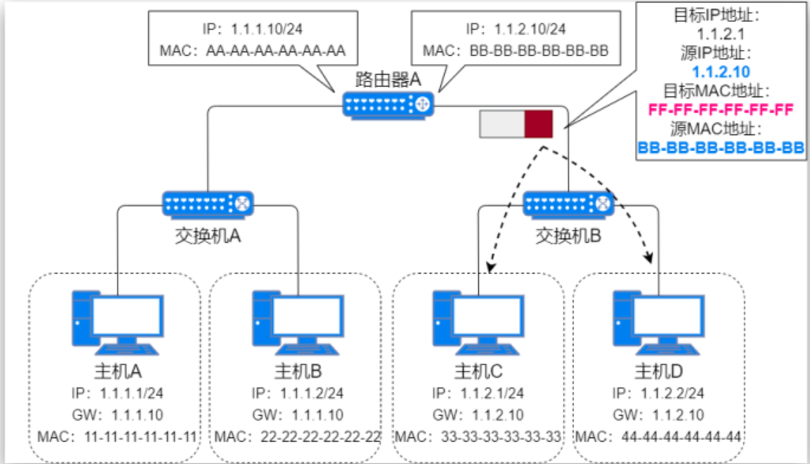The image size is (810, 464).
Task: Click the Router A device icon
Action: pyautogui.click(x=390, y=104)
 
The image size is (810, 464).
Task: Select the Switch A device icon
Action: pyautogui.click(x=208, y=204)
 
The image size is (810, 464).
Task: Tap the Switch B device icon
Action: pyautogui.click(x=569, y=204)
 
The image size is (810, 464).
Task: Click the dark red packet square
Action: pyautogui.click(x=539, y=124)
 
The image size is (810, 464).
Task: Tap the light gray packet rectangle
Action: pyautogui.click(x=502, y=124)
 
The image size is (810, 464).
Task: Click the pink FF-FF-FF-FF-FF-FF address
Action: pyautogui.click(x=720, y=110)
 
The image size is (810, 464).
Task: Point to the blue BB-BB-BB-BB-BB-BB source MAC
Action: pyautogui.click(x=720, y=147)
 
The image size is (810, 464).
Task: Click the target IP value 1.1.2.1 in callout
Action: pyautogui.click(x=721, y=35)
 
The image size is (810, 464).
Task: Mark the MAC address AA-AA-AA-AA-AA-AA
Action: pyautogui.click(x=275, y=51)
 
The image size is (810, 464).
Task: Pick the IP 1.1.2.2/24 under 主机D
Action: pyautogui.click(x=673, y=393)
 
